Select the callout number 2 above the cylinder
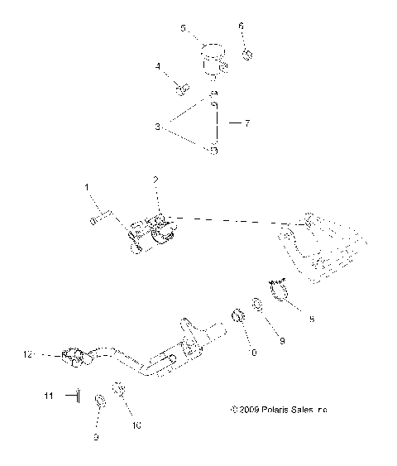point(155,180)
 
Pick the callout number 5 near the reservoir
point(184,27)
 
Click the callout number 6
point(242,26)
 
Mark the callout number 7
point(246,123)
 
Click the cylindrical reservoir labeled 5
point(213,63)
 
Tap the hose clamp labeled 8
point(277,292)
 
